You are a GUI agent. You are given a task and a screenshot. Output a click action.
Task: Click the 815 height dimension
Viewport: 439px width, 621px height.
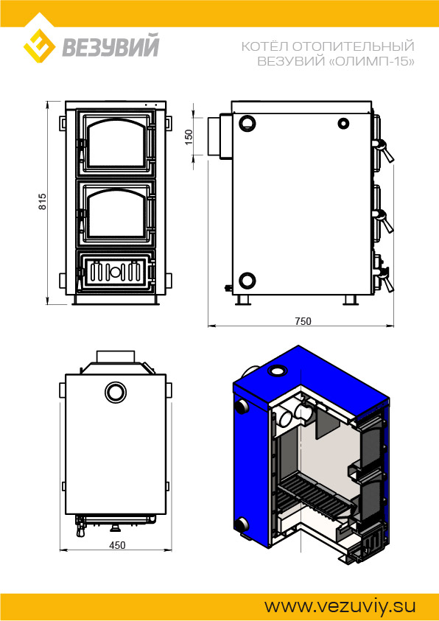point(43,202)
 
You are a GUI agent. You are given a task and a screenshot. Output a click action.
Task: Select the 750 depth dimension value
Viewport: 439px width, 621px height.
point(303,321)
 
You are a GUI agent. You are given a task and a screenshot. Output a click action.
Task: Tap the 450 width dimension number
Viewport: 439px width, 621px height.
point(117,545)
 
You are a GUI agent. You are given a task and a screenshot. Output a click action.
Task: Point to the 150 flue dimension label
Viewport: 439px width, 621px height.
point(189,137)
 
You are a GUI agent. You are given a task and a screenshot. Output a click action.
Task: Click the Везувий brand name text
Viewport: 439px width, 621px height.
point(110,46)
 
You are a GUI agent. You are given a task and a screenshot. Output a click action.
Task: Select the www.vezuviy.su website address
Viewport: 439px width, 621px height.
point(340,606)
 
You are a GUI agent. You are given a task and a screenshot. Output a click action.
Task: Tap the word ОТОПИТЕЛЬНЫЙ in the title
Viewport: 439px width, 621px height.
point(353,46)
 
